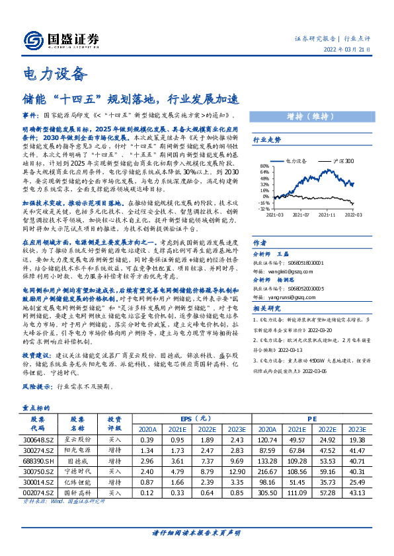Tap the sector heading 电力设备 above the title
[55, 73]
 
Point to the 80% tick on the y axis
[264, 166]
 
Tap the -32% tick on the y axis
[264, 208]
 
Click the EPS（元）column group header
[196, 419]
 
